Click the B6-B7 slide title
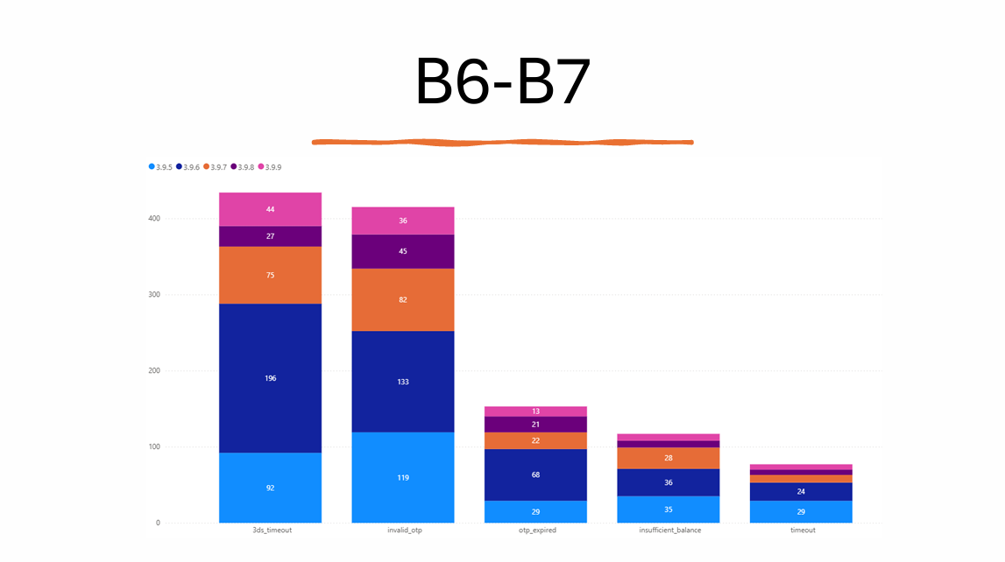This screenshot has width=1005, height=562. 502,83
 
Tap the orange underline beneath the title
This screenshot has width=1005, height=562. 502,141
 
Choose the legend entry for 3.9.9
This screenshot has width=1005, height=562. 269,166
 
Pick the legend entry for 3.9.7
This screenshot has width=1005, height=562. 216,166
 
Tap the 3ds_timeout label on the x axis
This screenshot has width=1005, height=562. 270,530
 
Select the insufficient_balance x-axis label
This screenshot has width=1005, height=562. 669,530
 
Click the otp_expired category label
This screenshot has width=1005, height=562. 535,530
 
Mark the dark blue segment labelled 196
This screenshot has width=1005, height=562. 270,378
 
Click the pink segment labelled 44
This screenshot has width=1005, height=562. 270,209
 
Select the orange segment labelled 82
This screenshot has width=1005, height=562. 403,299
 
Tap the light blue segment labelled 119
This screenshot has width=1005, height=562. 403,478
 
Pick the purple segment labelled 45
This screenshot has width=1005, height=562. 403,251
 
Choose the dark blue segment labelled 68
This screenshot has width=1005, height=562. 535,474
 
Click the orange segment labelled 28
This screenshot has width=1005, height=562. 669,458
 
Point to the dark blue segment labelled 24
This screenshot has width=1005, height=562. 802,491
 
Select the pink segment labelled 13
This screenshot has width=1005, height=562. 535,411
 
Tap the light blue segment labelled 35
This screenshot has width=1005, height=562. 669,509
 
